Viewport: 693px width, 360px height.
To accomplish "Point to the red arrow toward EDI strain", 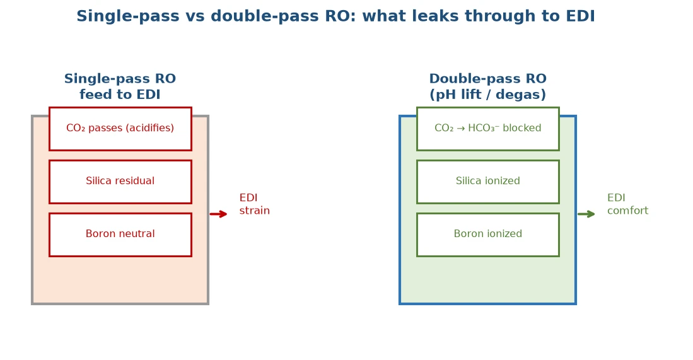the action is click(x=218, y=214).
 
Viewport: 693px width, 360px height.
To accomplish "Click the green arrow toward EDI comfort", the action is click(x=586, y=214).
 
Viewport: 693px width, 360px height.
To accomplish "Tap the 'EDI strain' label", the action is click(x=255, y=204).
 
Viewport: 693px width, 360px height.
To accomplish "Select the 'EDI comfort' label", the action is click(x=627, y=204).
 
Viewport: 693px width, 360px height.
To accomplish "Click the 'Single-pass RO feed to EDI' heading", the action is click(x=120, y=86).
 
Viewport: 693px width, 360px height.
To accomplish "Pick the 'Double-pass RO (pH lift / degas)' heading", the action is click(x=488, y=86).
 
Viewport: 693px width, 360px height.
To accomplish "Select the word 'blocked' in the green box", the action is click(x=522, y=128).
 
